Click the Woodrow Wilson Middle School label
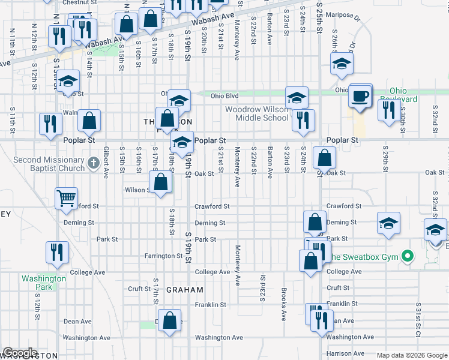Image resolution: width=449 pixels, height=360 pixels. (x=257, y=113)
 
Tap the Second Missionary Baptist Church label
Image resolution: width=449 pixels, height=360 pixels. (x=49, y=164)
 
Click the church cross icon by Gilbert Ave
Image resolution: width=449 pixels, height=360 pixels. (x=92, y=162)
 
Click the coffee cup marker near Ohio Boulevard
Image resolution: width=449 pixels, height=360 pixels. (x=360, y=97)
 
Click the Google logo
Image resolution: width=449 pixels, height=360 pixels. (x=20, y=353)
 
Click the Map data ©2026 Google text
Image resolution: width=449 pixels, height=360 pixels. (x=411, y=355)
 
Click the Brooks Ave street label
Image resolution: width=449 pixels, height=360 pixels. (x=283, y=304)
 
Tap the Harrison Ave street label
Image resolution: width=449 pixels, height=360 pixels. (x=347, y=354)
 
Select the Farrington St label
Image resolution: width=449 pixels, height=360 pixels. (x=163, y=256)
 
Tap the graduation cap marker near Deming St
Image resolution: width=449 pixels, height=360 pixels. (x=388, y=224)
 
